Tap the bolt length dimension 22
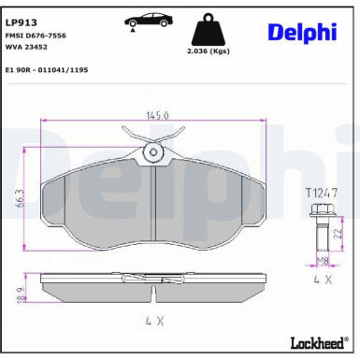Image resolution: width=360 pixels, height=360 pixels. tap(338, 232)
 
